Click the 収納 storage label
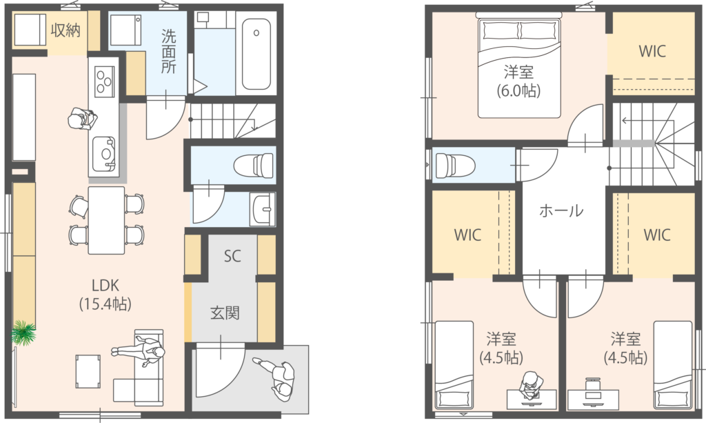coord(65,30)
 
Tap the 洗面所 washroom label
coord(169,51)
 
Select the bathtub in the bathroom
coord(256,54)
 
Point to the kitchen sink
coord(104,154)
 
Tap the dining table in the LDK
coord(106,220)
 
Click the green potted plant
coord(23,333)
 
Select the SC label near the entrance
coord(232,256)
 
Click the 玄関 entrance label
coord(225,313)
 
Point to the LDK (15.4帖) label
coord(105,295)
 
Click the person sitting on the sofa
coord(139,353)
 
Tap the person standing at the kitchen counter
coord(83,119)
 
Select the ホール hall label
coord(561,210)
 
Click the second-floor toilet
coord(455,166)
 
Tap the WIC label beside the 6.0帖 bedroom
coord(652,51)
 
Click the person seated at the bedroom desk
coord(530,385)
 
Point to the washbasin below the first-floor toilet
coord(263,210)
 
